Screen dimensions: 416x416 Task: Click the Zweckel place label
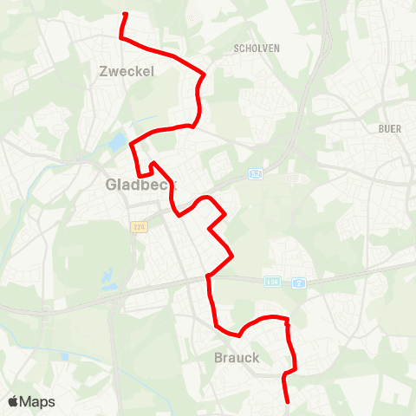point(127,72)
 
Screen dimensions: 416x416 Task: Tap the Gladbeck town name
point(139,185)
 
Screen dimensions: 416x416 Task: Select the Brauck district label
point(236,357)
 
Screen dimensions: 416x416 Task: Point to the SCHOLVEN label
point(257,49)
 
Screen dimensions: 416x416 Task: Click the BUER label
point(390,128)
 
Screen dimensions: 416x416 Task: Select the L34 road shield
point(273,282)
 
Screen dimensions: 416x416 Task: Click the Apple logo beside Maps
point(13,401)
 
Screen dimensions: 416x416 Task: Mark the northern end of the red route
point(127,15)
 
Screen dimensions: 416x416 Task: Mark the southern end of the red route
point(288,401)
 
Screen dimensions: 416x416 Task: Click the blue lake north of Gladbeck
point(118,141)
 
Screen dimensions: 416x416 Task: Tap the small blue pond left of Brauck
point(65,356)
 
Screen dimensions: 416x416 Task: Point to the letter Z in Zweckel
point(106,72)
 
